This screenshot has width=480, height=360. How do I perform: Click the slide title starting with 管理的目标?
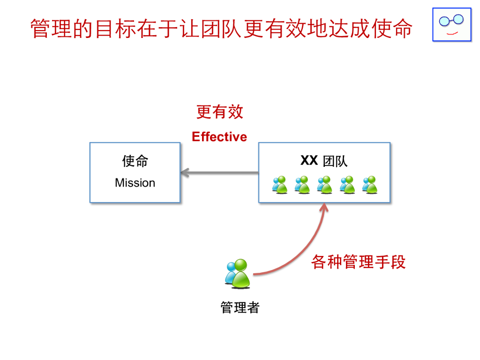pos(221,28)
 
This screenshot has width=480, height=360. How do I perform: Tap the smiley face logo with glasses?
pos(451,24)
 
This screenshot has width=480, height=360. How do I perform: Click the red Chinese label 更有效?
pos(219,112)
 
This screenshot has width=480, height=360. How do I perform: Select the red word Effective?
pos(219,137)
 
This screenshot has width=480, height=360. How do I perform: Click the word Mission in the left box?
pos(135,183)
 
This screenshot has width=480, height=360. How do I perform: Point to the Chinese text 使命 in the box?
pos(135,161)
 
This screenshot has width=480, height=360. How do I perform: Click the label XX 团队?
pos(324,161)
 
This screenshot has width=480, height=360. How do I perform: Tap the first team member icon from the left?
pos(279,185)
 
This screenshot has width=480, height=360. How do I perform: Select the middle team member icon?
pos(324,185)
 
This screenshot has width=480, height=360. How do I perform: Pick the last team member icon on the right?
pos(370,185)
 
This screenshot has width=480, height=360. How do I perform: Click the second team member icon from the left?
pos(302,185)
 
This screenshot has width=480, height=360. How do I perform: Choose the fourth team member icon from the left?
pos(347,185)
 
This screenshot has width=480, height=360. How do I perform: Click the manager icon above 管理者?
pos(238,274)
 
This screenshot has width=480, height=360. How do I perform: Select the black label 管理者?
pos(240,307)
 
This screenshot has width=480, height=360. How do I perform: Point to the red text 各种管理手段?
pos(358,262)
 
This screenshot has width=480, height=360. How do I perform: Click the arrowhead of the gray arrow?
pos(184,173)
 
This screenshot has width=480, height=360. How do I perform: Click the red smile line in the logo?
pos(452,33)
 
